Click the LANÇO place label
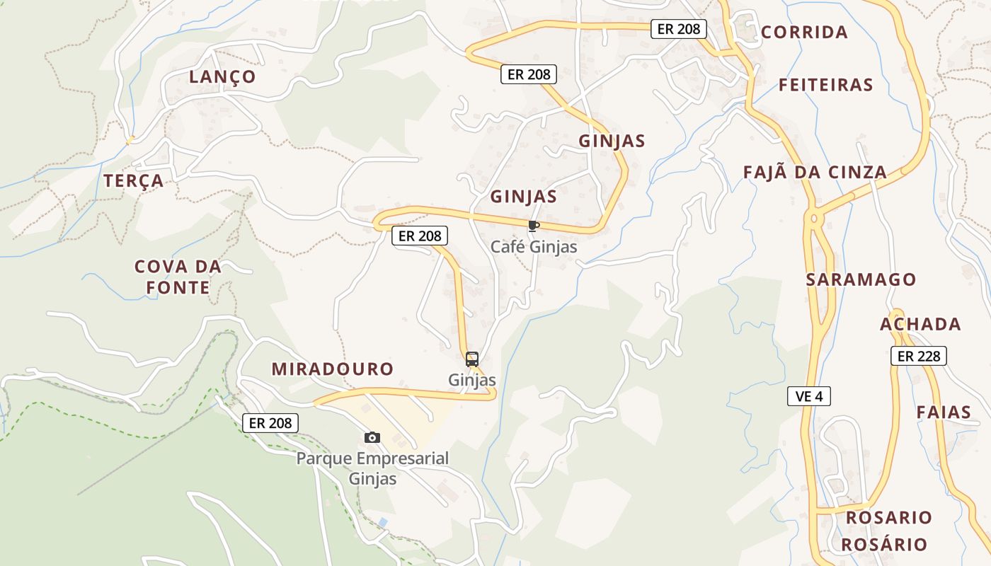(222, 76)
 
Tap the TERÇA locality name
(134, 181)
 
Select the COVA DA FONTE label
(178, 277)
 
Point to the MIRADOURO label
(333, 369)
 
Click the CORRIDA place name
(804, 32)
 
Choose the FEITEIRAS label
(825, 85)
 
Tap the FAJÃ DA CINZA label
(815, 172)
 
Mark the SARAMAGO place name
(861, 279)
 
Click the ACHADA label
(920, 324)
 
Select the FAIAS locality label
(944, 412)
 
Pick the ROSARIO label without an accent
(889, 517)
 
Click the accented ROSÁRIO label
(884, 544)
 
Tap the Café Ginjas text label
(534, 247)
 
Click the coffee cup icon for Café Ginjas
(533, 226)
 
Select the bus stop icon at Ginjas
(472, 359)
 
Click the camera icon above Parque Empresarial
(372, 437)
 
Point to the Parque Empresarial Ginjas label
(372, 468)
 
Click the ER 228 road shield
(919, 356)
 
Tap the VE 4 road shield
(808, 395)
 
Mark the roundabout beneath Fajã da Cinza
(814, 217)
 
